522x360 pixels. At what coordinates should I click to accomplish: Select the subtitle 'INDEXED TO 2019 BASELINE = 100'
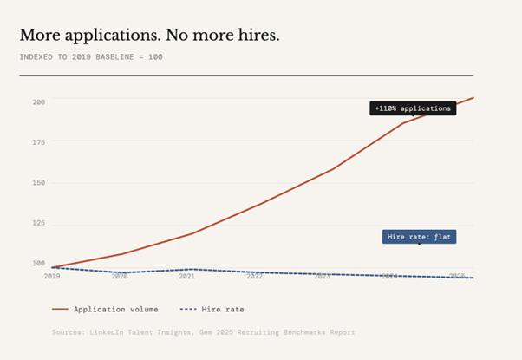point(91,57)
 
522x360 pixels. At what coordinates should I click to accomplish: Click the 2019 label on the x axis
point(52,276)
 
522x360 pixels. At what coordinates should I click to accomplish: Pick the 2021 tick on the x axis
point(187,276)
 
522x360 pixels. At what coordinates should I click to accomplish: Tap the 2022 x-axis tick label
point(254,276)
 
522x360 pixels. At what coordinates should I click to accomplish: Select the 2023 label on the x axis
point(322,276)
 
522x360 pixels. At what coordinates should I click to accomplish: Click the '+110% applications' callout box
point(413,108)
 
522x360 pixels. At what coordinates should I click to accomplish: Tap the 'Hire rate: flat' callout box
point(419,236)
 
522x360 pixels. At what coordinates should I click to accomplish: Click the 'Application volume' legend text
point(116,309)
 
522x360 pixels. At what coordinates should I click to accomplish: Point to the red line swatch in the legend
point(60,309)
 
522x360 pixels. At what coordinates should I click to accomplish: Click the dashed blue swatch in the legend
point(187,309)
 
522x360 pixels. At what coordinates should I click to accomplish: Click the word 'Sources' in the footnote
point(67,332)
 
